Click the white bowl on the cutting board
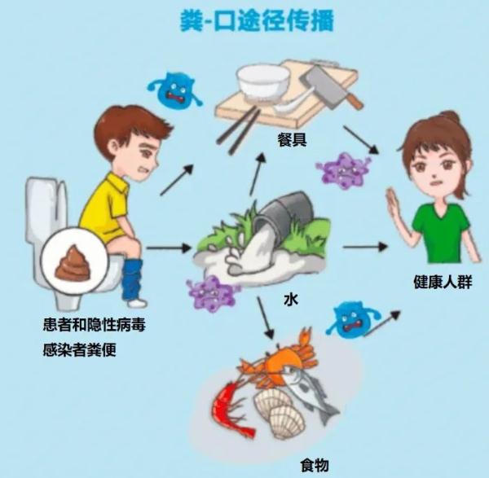pos(262,83)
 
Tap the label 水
pos(290,300)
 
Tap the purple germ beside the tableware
pos(343,171)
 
